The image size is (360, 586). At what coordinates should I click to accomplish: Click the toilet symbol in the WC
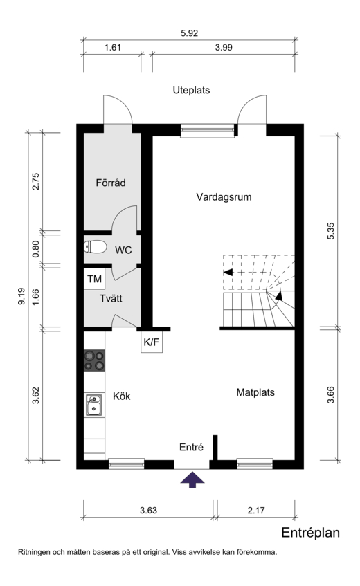[x=95, y=247]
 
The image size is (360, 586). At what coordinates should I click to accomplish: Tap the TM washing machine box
[x=94, y=278]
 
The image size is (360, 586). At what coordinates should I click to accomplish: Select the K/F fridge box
[x=152, y=342]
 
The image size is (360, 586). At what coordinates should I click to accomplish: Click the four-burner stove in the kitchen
[x=94, y=360]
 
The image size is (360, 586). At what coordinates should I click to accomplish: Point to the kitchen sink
[x=93, y=405]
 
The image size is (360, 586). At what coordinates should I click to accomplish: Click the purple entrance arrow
[x=192, y=479]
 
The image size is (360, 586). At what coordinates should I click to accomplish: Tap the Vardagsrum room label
[x=224, y=197]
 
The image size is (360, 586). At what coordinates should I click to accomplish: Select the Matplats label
[x=255, y=392]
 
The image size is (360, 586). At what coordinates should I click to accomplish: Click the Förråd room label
[x=111, y=183]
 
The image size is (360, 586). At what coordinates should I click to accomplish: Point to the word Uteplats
[x=191, y=90]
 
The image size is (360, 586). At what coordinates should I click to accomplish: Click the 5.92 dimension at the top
[x=189, y=33]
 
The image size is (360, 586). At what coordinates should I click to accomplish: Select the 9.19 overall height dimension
[x=21, y=296]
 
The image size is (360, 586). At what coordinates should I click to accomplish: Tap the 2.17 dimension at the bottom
[x=255, y=510]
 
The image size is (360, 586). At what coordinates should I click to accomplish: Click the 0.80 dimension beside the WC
[x=35, y=248]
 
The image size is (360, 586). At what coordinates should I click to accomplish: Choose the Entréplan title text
[x=310, y=533]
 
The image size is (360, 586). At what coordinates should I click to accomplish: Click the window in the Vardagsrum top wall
[x=208, y=131]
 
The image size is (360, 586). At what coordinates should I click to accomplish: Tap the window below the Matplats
[x=255, y=464]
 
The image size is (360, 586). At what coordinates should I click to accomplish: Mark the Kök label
[x=121, y=396]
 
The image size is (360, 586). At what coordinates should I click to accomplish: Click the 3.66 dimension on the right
[x=330, y=394]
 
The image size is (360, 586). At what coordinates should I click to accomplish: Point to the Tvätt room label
[x=111, y=299]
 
